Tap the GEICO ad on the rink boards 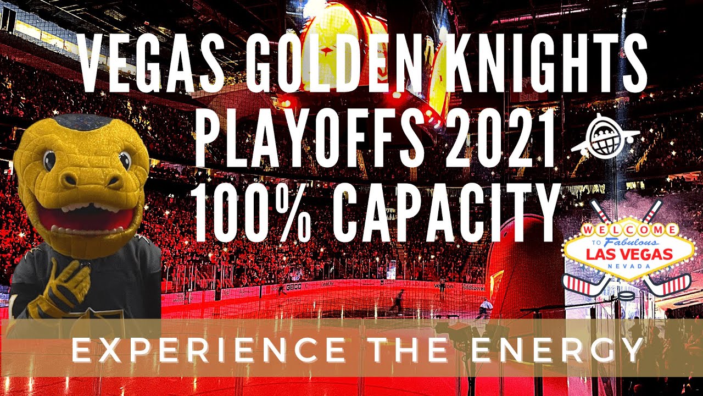point(294,287)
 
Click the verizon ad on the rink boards point(443,287)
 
